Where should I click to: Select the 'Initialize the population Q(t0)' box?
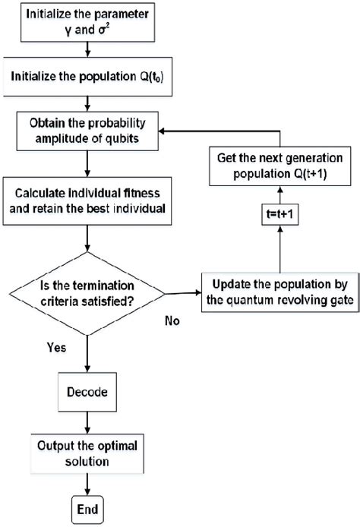(x=90, y=77)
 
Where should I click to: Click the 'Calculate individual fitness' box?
(x=90, y=200)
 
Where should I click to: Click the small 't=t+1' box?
(x=277, y=235)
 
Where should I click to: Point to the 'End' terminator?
(x=89, y=506)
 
